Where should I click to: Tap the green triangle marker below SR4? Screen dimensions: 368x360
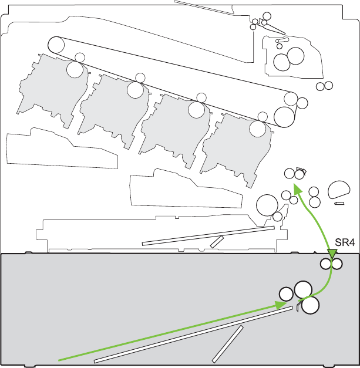332,255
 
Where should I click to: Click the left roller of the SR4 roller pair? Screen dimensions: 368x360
326,264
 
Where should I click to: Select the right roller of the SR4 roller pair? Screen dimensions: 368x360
337,264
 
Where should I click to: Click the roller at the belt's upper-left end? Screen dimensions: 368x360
56,44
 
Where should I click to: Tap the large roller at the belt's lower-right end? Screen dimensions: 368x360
285,116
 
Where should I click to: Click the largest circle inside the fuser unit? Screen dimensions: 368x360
295,56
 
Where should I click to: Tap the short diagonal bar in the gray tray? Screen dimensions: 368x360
228,343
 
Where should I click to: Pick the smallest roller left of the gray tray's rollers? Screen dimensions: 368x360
286,293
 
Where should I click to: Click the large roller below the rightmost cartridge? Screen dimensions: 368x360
267,205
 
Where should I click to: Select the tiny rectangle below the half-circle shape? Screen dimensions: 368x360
338,204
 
